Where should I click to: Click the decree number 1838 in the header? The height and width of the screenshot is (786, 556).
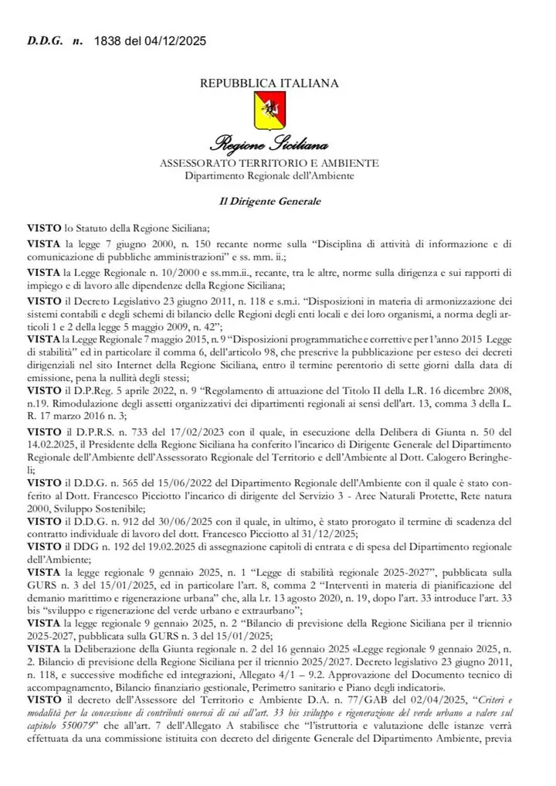click(107, 40)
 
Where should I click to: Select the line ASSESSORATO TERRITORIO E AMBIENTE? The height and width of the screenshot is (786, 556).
click(269, 164)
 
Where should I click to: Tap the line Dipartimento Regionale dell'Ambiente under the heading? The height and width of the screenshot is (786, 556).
click(269, 176)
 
